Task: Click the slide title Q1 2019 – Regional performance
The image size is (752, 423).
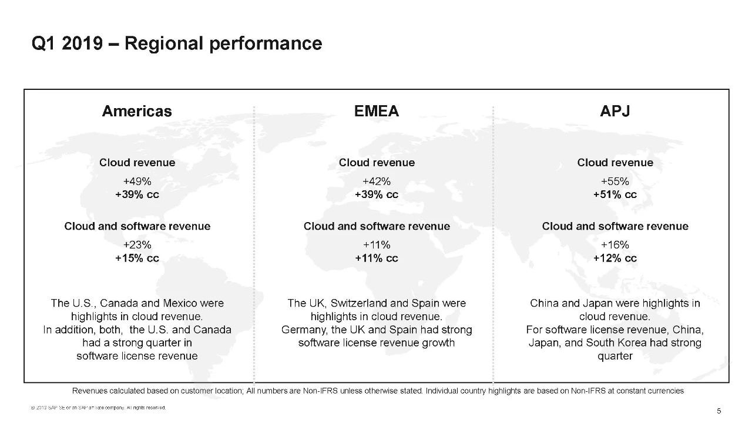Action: pyautogui.click(x=176, y=44)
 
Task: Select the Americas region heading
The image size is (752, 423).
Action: pyautogui.click(x=137, y=112)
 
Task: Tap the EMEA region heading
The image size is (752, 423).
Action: pyautogui.click(x=377, y=112)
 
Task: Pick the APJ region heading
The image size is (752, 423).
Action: pyautogui.click(x=615, y=112)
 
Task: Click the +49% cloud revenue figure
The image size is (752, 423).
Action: pyautogui.click(x=137, y=182)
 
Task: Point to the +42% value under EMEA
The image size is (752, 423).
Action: pyautogui.click(x=377, y=182)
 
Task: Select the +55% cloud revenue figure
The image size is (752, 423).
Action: pyautogui.click(x=615, y=182)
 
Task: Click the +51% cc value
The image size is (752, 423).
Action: pyautogui.click(x=615, y=195)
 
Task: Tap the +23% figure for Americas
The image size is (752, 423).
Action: pyautogui.click(x=137, y=245)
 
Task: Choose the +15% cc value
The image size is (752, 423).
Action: pyautogui.click(x=137, y=258)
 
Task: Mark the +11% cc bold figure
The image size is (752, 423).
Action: pyautogui.click(x=377, y=258)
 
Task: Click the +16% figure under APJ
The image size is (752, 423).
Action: pyautogui.click(x=615, y=245)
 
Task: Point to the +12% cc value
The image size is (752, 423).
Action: pyautogui.click(x=615, y=258)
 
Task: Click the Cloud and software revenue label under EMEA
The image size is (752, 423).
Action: pyautogui.click(x=377, y=227)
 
